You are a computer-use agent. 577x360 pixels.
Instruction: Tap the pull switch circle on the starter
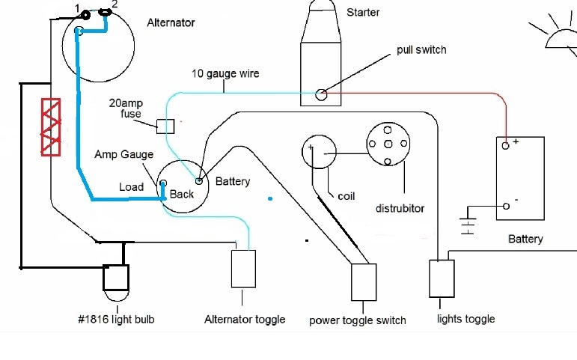pyautogui.click(x=321, y=94)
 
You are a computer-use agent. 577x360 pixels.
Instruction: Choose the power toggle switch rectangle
pyautogui.click(x=364, y=281)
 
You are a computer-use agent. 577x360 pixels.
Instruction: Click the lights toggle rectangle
pyautogui.click(x=441, y=278)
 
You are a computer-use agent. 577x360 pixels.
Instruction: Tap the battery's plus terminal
pyautogui.click(x=507, y=145)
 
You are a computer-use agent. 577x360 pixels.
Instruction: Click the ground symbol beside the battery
pyautogui.click(x=469, y=224)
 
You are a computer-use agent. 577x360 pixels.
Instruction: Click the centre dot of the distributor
pyautogui.click(x=385, y=143)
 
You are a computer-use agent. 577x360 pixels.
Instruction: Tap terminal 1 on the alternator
pyautogui.click(x=85, y=14)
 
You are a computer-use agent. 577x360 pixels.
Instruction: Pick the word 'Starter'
pyautogui.click(x=363, y=13)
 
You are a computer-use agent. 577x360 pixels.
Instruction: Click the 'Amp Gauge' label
pyautogui.click(x=123, y=155)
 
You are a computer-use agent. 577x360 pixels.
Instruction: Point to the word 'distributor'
pyautogui.click(x=400, y=208)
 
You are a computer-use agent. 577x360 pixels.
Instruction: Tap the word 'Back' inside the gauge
pyautogui.click(x=182, y=194)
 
